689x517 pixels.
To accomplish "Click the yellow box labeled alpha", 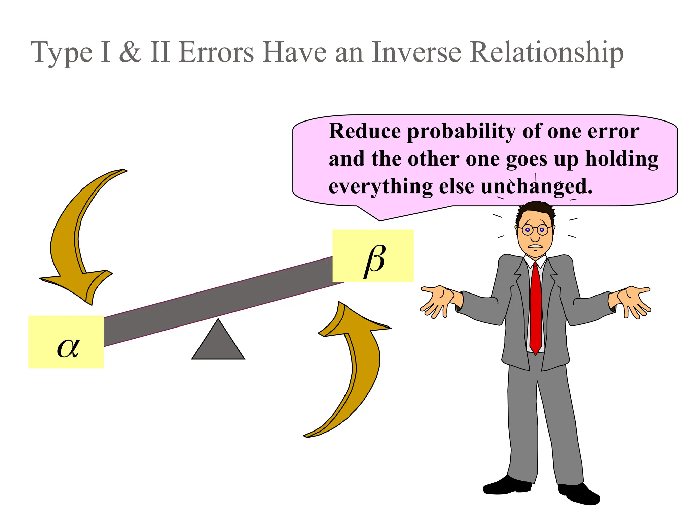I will (66, 342).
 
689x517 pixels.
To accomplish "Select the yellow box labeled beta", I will (373, 256).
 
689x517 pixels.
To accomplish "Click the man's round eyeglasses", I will (535, 230).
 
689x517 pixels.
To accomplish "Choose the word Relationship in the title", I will (547, 53).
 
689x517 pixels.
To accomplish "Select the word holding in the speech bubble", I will (622, 159).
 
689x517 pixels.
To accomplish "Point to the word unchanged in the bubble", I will (536, 186).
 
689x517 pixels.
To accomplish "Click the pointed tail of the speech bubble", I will (378, 217).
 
